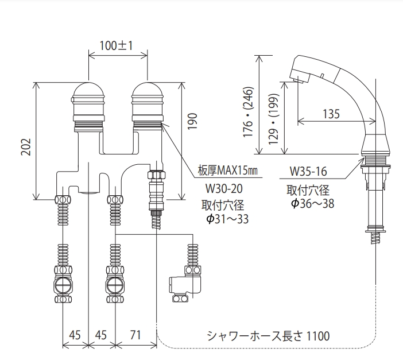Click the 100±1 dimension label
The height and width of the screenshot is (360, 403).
116,46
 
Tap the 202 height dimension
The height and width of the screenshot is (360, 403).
26,147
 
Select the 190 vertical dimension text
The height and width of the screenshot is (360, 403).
192,121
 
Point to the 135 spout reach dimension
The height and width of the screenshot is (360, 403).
331,114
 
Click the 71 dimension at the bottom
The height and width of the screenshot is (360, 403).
135,335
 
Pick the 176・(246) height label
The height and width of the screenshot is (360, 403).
249,112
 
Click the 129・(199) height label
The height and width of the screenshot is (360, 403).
273,119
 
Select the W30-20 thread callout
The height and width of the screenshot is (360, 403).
224,189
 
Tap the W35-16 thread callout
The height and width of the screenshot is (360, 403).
308,171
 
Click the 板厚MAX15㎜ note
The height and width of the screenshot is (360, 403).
228,170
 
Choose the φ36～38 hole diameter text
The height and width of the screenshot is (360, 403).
313,204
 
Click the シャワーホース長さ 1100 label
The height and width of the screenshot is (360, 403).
268,336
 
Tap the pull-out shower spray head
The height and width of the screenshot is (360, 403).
312,69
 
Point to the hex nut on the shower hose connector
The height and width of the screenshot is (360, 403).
157,175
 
